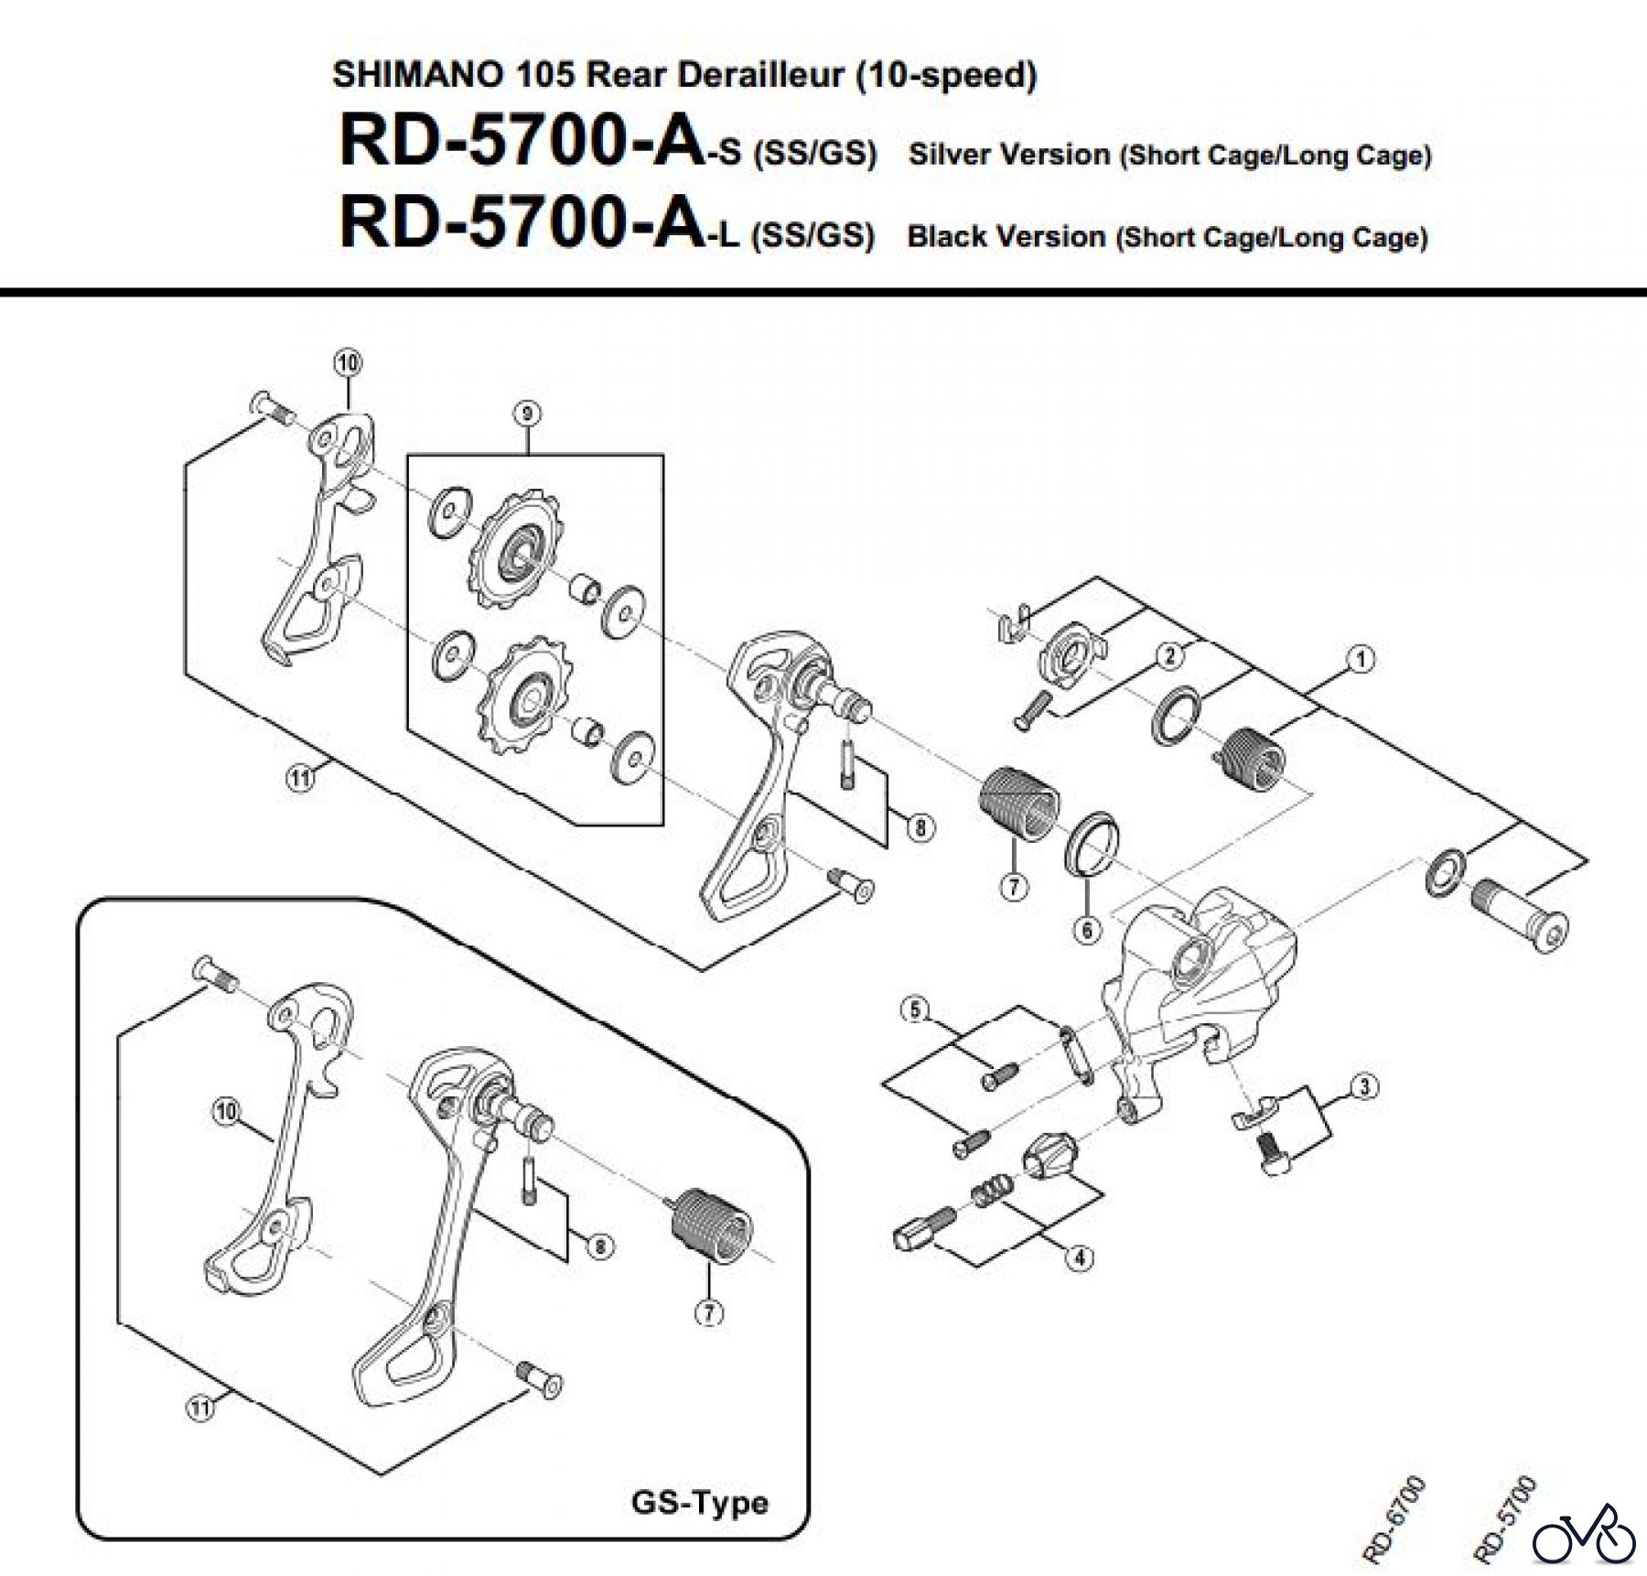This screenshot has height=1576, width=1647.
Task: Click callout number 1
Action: coord(1361,659)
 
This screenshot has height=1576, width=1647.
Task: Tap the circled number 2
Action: coord(1169,655)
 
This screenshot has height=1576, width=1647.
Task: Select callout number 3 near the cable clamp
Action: coord(1364,1087)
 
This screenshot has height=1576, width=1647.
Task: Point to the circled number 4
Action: coord(1080,1258)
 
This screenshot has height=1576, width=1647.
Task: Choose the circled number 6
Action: coord(1086,930)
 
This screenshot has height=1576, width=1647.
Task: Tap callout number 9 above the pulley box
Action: coord(527,414)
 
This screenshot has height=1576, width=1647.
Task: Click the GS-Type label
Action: coord(700,1503)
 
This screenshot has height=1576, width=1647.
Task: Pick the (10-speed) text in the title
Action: coord(946,74)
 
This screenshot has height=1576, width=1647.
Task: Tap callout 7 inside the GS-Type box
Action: coord(709,1312)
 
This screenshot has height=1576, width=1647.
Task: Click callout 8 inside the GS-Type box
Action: coord(599,1247)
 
